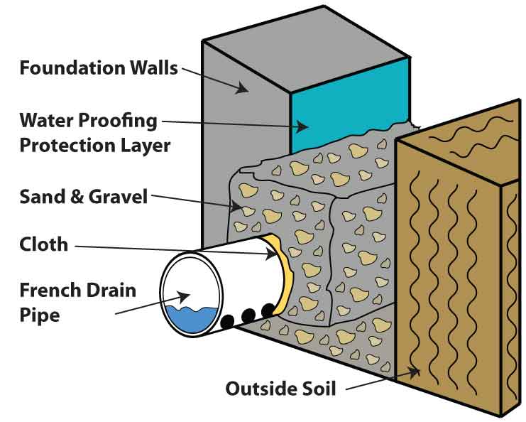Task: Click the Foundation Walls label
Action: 99,68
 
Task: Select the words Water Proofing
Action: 88,120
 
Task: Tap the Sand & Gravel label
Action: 83,195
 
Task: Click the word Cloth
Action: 44,244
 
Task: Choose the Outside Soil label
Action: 280,389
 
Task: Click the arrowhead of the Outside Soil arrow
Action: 413,370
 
